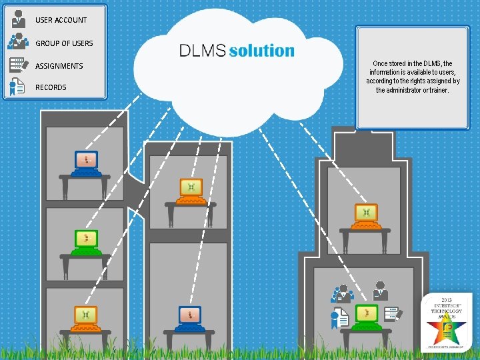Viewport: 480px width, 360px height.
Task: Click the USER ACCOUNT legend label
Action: (61, 20)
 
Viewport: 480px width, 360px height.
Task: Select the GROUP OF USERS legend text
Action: (64, 43)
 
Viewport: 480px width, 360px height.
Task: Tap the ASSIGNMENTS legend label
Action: (59, 66)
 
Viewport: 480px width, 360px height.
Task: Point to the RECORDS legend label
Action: (51, 87)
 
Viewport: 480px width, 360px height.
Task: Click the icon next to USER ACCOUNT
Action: (18, 20)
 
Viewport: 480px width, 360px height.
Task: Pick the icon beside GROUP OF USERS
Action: (18, 42)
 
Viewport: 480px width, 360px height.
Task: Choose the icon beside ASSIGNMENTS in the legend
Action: (18, 65)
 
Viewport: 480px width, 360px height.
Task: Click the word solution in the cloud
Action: (261, 51)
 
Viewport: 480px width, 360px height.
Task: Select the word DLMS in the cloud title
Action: (203, 51)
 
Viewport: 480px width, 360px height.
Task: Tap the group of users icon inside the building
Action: (341, 293)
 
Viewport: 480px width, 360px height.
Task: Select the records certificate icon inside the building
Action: (339, 319)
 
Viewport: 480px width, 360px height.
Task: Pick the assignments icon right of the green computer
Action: (393, 313)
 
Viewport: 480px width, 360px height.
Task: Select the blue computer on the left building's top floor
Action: (86, 162)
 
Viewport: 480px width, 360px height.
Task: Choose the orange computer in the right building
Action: (365, 215)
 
